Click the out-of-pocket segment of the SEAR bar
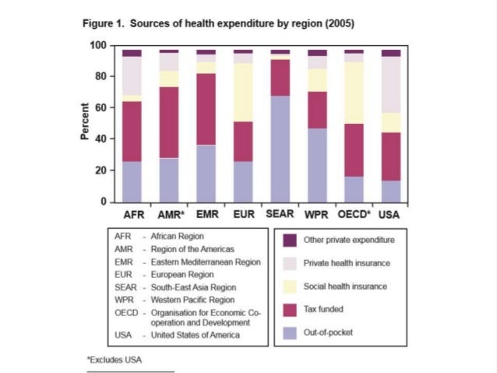click(x=280, y=149)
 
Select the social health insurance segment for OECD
click(x=354, y=93)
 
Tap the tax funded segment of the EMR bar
click(x=206, y=109)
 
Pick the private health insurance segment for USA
click(x=391, y=85)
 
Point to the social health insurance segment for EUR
click(x=243, y=93)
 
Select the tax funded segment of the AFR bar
click(x=132, y=132)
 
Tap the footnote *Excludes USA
click(x=115, y=360)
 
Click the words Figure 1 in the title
click(x=102, y=23)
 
